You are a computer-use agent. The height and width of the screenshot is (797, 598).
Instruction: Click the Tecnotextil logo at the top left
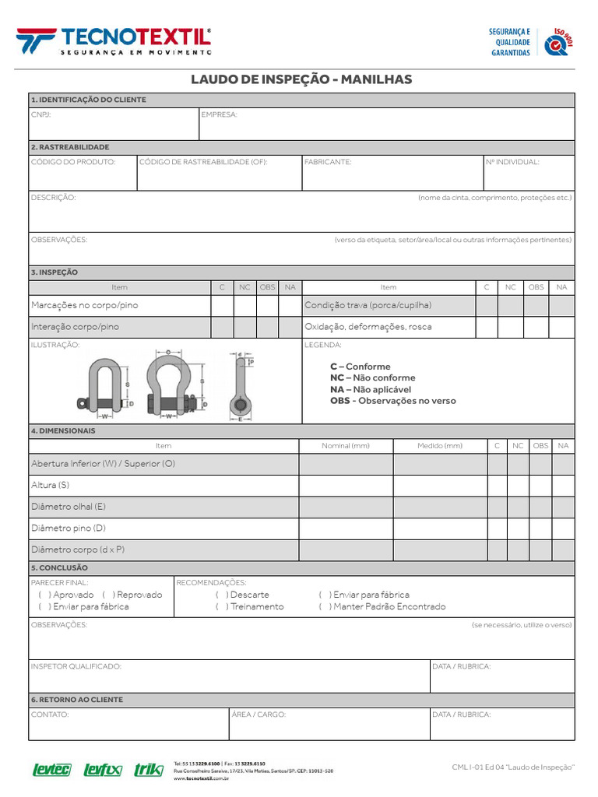114,40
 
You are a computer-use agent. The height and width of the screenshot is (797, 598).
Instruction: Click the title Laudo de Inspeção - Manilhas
301,80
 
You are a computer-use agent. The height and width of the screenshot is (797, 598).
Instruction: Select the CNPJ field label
40,114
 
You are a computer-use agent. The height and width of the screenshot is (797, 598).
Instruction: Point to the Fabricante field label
328,162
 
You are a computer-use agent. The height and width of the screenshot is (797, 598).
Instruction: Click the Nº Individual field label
512,162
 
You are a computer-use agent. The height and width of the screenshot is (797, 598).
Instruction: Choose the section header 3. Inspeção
55,272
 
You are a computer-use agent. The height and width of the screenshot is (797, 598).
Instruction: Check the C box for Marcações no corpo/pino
222,306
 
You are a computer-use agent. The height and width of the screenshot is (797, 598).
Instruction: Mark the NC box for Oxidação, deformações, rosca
511,327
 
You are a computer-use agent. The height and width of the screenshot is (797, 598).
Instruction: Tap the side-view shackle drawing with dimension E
240,385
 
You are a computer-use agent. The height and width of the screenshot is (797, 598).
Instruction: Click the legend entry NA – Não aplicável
371,389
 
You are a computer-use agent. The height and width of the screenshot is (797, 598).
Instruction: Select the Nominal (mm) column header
346,446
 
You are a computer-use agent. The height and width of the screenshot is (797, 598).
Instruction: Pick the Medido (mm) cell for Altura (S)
440,485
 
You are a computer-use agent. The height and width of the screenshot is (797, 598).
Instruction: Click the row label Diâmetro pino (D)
69,528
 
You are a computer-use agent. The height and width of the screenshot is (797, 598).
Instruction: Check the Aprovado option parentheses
42,595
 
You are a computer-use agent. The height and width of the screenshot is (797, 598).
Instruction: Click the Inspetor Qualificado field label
76,666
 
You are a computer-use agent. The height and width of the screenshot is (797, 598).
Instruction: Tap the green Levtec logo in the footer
51,770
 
